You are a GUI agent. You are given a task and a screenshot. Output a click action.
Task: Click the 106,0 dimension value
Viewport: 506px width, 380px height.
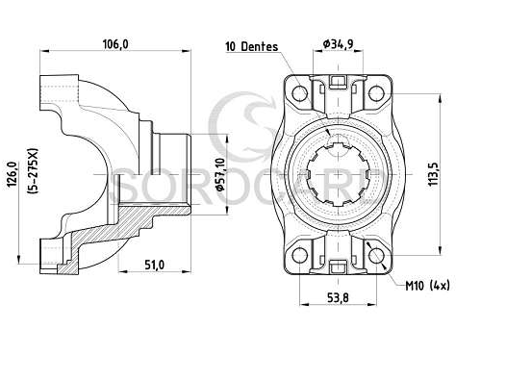click(115, 44)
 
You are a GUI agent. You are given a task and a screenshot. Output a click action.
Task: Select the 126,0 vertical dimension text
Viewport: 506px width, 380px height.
click(13, 174)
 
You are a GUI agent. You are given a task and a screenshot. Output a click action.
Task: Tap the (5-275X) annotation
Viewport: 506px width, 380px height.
click(33, 171)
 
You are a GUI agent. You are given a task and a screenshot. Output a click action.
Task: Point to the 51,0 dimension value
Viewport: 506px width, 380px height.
click(154, 266)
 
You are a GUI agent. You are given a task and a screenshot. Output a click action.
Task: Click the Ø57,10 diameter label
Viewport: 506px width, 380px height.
click(220, 174)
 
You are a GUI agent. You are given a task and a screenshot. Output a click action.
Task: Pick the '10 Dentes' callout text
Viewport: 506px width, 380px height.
click(252, 46)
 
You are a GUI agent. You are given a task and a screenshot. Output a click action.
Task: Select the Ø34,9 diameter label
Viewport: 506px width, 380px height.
click(338, 43)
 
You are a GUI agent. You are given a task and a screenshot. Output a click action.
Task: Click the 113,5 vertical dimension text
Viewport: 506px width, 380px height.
click(433, 174)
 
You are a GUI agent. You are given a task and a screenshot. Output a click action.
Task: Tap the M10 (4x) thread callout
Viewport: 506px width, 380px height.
click(427, 286)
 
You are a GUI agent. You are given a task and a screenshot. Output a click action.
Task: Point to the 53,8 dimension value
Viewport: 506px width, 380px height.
click(338, 297)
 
